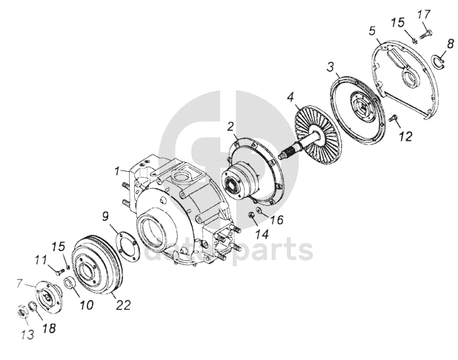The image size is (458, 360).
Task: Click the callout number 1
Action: [117, 170]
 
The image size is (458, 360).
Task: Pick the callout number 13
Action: [27, 334]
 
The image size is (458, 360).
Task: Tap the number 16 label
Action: [276, 219]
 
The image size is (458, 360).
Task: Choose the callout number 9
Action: [105, 216]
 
